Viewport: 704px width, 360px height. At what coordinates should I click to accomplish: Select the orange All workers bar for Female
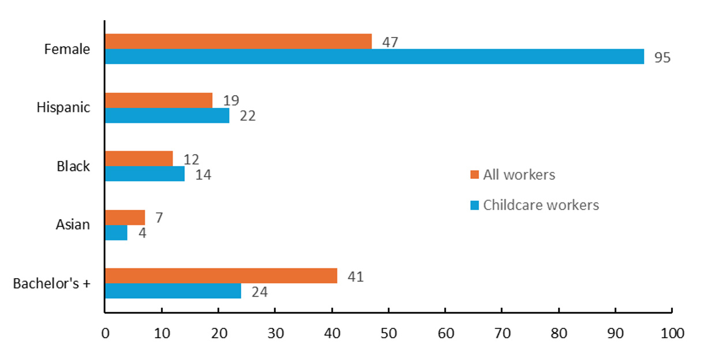point(238,42)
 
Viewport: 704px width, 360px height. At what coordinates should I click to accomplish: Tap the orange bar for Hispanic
point(159,100)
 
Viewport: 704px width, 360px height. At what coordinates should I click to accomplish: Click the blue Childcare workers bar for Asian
point(116,232)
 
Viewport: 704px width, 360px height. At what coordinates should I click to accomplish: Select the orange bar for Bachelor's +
point(220,276)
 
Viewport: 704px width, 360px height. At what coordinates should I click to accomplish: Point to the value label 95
point(662,57)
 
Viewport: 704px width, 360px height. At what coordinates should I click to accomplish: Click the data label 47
point(390,42)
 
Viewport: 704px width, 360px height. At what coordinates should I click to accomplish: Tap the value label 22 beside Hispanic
point(248,116)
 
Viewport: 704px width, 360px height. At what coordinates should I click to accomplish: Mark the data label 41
point(355,277)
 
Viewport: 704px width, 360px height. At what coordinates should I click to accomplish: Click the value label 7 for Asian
point(159,218)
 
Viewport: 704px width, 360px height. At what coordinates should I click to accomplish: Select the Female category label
point(67,49)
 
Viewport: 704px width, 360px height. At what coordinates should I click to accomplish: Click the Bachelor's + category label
point(52,283)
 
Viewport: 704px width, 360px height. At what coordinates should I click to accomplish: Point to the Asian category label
point(73,224)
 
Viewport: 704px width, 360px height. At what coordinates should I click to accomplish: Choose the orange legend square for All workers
point(475,175)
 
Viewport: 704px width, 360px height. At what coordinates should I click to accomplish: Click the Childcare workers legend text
point(541,205)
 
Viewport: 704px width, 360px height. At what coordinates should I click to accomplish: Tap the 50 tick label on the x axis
point(388,333)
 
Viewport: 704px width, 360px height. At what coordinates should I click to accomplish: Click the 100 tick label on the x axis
point(672,333)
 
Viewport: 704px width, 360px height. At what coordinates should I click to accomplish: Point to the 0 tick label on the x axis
point(105,333)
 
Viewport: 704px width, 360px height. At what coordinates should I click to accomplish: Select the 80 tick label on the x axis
point(559,333)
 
